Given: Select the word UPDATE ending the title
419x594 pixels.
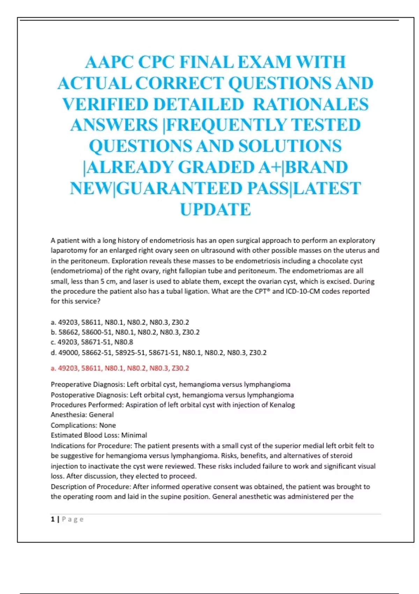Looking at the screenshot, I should (x=215, y=210).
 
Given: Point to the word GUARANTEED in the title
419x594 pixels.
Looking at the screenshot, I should (x=179, y=189).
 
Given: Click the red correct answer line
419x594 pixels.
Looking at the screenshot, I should (x=120, y=368).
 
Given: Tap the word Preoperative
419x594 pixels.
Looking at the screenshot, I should (x=71, y=385).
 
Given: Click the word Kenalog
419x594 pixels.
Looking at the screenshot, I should (x=282, y=405).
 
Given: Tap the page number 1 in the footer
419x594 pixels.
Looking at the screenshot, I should (x=53, y=520).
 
